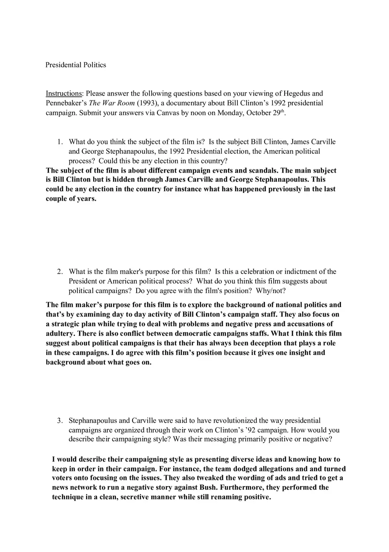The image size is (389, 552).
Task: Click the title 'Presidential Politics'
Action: [x=76, y=65]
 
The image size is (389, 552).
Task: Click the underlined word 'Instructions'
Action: [x=64, y=93]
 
